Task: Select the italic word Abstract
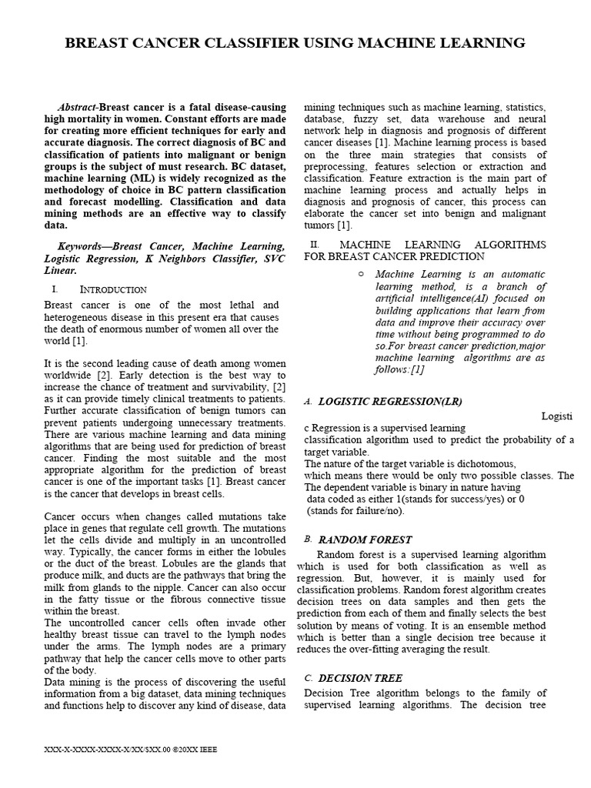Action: tap(78, 107)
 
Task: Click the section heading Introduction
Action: tap(113, 289)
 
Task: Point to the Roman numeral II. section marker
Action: tap(314, 245)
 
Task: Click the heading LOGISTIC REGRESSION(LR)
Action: tap(390, 402)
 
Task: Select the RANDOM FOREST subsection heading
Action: tap(365, 540)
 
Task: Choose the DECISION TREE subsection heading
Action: tap(359, 678)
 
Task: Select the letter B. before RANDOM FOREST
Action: tap(308, 540)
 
